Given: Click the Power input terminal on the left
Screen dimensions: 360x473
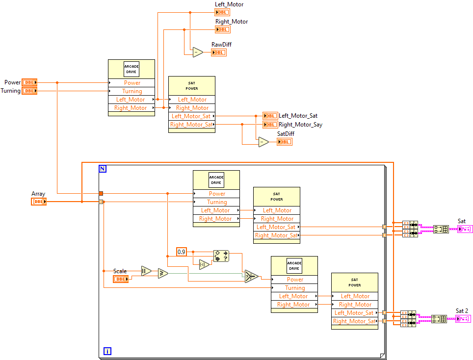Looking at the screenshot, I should point(29,82).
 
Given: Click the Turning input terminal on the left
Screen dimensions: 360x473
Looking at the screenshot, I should point(29,91).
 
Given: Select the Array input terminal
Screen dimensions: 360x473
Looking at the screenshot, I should point(38,202).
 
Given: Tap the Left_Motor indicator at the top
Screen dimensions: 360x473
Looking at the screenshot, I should point(222,12).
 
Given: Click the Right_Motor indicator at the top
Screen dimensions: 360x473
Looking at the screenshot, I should point(222,29).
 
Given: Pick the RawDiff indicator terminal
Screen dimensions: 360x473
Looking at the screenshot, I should point(218,52).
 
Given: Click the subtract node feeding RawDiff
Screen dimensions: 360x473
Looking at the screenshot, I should point(197,52).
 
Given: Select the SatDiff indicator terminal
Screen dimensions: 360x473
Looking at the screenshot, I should point(284,142).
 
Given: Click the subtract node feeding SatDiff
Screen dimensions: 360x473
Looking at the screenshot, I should point(263,142).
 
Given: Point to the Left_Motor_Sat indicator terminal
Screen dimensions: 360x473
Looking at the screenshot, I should point(270,116).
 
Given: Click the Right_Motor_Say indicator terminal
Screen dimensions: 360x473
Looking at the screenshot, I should point(270,125).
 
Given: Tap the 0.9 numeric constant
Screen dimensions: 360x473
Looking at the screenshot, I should point(182,252).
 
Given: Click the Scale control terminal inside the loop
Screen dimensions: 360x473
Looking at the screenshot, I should point(121,279).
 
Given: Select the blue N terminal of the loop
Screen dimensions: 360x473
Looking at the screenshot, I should point(103,169).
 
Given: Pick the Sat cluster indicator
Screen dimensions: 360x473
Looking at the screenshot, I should point(464,229).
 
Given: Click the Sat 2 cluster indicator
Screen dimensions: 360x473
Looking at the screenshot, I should point(462,319).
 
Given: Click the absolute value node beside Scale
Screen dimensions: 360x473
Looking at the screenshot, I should point(146,271).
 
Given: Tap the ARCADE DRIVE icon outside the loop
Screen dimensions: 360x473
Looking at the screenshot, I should point(131,69).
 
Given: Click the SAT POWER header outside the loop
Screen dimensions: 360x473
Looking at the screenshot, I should point(191,86).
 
